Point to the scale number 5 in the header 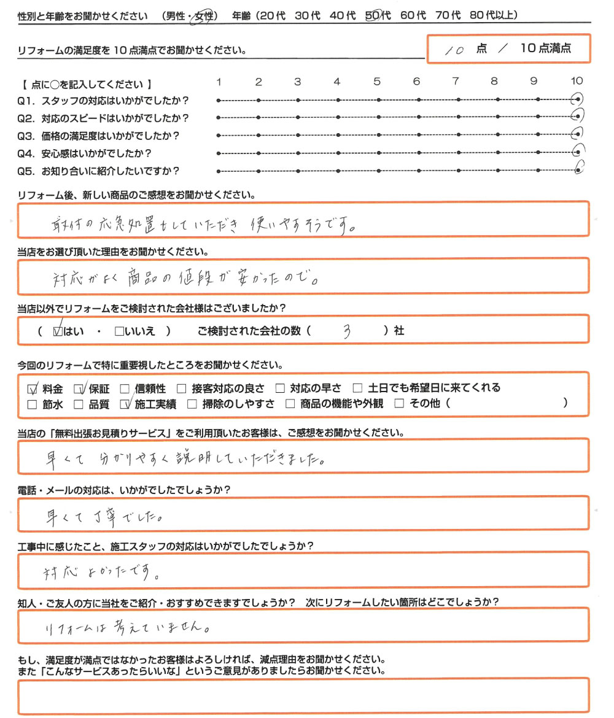click(x=376, y=82)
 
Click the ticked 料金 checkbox click(x=33, y=388)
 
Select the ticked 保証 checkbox click(x=79, y=388)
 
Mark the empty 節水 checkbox click(x=33, y=404)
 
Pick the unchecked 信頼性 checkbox click(x=125, y=388)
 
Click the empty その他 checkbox click(x=399, y=404)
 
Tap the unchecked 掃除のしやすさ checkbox click(x=192, y=404)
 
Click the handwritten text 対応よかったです click(x=102, y=573)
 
